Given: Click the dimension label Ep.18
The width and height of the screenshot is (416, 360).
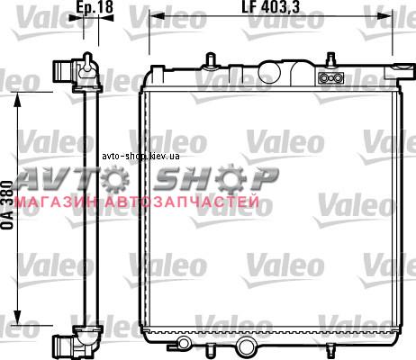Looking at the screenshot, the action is [x=95, y=6].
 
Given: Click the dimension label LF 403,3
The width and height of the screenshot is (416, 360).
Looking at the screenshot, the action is [x=271, y=7].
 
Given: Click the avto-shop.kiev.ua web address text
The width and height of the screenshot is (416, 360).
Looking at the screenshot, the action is [x=140, y=157].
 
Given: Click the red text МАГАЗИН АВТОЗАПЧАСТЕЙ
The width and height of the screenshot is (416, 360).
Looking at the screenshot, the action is [x=137, y=202].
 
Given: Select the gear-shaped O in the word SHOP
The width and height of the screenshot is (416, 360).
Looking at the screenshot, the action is [x=231, y=178].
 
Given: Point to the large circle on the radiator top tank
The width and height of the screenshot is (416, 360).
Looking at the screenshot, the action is [x=269, y=72].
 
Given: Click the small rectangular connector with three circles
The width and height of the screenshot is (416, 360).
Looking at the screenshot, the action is [x=330, y=78].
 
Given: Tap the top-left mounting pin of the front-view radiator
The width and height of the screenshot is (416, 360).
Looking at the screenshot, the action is [x=211, y=59].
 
